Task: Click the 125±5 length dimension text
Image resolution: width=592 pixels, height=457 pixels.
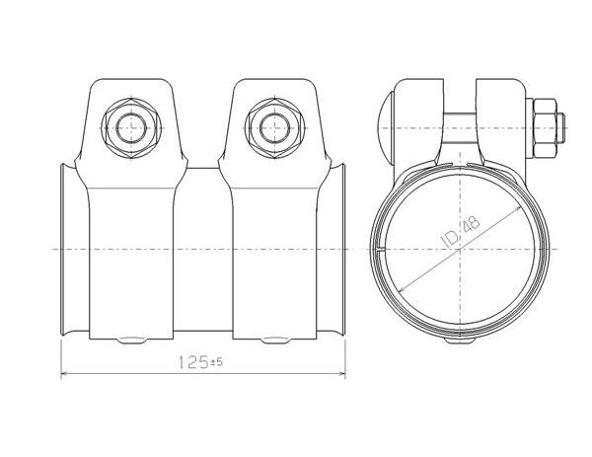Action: click(x=200, y=363)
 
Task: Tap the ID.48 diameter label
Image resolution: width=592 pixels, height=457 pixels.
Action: click(x=461, y=232)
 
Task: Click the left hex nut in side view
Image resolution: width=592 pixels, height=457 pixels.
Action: click(x=131, y=128)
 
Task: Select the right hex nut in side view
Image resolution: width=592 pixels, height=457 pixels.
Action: click(x=275, y=128)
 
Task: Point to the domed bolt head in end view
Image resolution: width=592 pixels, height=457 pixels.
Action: click(x=385, y=128)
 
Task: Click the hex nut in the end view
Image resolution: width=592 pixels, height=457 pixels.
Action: click(x=545, y=128)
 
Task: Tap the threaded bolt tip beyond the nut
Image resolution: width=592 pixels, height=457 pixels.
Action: click(x=560, y=128)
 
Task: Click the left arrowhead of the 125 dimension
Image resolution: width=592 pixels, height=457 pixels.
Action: click(x=64, y=374)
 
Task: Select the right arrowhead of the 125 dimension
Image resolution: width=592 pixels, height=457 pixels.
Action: click(x=342, y=374)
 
